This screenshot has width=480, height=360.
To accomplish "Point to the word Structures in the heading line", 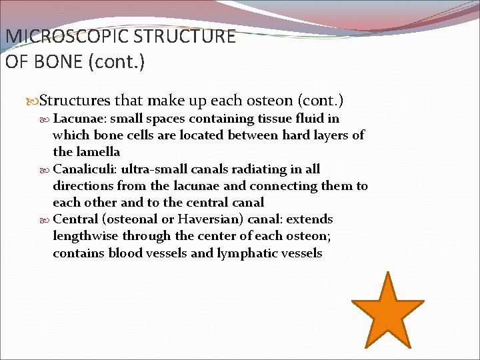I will (x=75, y=101).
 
